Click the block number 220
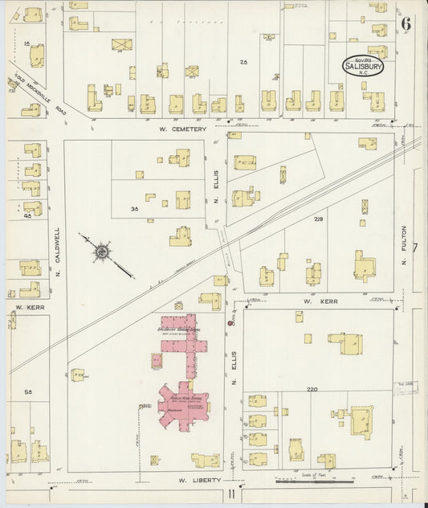(312, 389)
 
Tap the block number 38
(135, 208)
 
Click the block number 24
(244, 61)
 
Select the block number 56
(28, 391)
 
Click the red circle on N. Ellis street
(231, 322)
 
